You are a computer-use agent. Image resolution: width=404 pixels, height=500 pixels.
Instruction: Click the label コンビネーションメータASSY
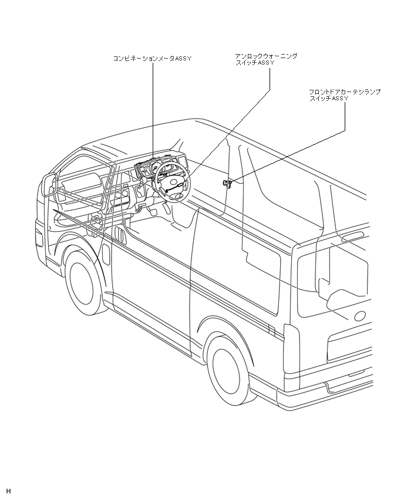(x=152, y=59)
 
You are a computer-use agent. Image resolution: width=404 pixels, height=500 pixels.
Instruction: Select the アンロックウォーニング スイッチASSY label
(x=266, y=59)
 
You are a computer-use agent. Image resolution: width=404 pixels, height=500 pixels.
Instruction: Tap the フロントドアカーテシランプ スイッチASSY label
(x=345, y=96)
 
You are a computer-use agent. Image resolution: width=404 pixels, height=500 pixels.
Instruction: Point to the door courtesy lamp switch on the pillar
(x=227, y=184)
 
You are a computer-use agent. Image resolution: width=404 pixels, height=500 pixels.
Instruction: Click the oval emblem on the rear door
(x=360, y=315)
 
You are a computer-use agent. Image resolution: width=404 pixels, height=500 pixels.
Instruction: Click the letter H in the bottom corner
(x=9, y=491)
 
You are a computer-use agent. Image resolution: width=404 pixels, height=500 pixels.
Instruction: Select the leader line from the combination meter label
(x=152, y=112)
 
